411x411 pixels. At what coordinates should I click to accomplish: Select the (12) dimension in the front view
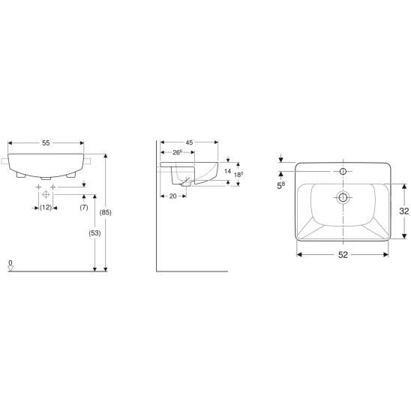click(46, 207)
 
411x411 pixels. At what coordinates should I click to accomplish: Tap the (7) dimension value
click(84, 207)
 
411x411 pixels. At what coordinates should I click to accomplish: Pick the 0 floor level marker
click(10, 263)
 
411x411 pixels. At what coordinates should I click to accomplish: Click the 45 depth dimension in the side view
click(190, 142)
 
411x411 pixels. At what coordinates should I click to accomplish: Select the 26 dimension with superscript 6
click(179, 153)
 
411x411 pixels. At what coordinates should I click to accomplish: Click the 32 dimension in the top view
click(403, 211)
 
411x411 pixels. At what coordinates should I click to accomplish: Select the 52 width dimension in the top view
click(342, 256)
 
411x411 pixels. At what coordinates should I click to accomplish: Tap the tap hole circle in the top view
click(343, 172)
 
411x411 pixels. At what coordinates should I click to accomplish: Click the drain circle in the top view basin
click(343, 199)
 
